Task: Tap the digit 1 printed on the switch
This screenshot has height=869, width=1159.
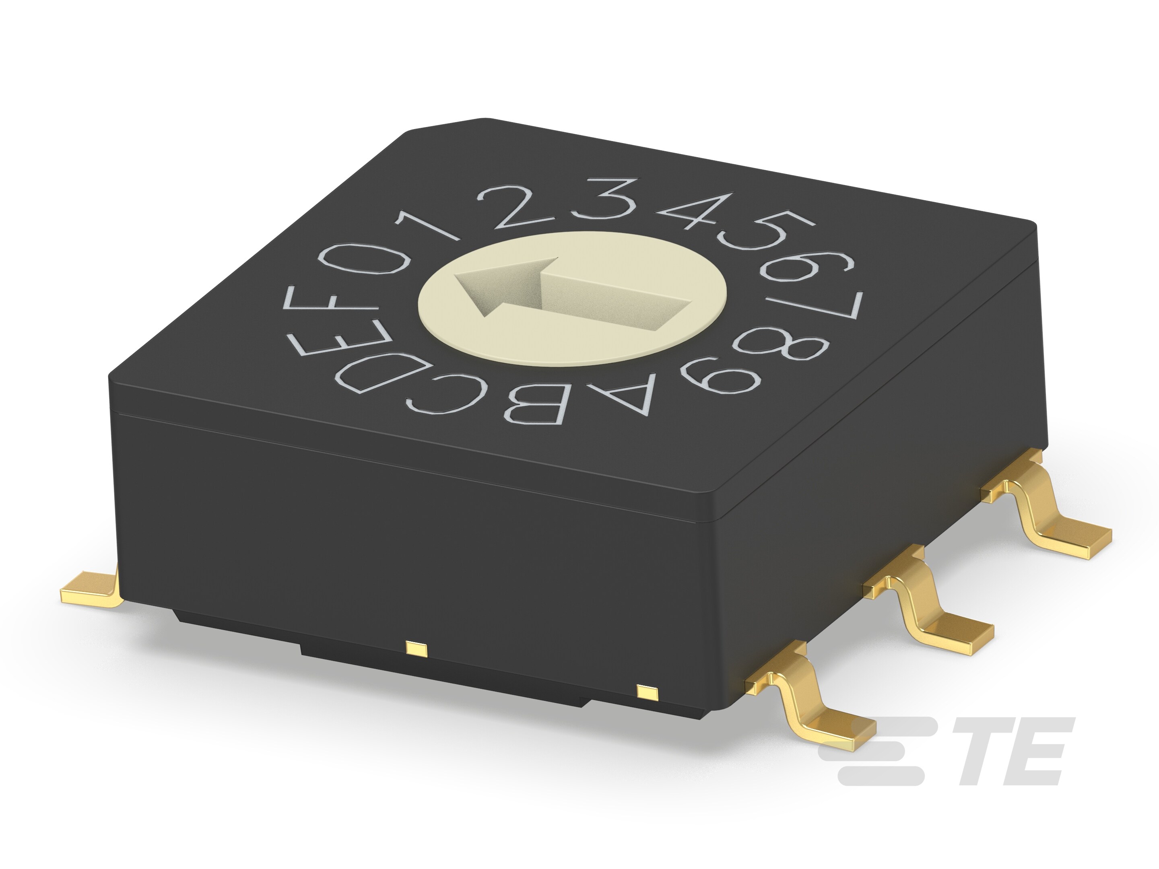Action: [431, 224]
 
